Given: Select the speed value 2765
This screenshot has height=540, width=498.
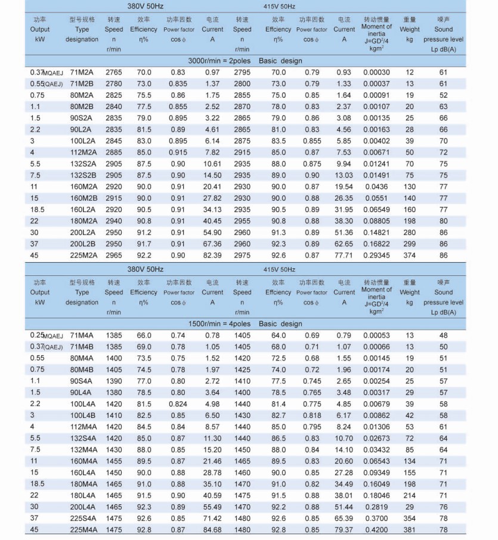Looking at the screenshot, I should click(x=114, y=72).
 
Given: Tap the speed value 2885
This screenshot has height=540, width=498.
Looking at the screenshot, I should click(x=114, y=153).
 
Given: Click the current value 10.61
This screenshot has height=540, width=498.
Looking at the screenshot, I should click(x=212, y=164).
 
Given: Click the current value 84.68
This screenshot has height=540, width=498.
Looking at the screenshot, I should click(x=212, y=530).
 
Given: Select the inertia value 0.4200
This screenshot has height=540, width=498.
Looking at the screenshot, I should click(x=376, y=530).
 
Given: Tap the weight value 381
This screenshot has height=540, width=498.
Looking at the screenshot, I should click(x=410, y=530).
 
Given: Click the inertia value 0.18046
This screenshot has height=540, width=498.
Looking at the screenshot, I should click(x=376, y=495).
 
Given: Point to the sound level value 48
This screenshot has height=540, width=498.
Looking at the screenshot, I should click(x=444, y=336).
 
